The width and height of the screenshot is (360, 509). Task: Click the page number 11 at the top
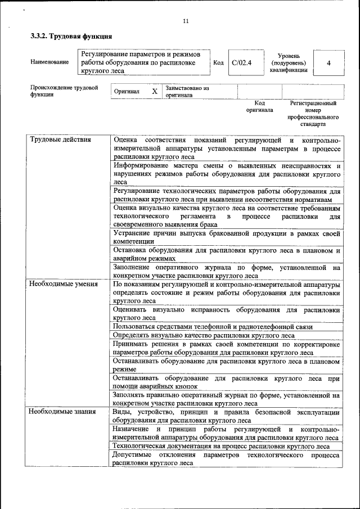click(x=186, y=22)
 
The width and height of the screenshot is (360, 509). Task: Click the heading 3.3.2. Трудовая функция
click(x=71, y=37)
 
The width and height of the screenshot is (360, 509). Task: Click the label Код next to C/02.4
click(x=219, y=62)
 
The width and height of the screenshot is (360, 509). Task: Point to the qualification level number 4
click(x=328, y=62)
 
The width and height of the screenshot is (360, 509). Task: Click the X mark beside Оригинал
click(x=155, y=91)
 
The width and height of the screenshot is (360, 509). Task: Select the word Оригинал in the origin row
click(x=127, y=91)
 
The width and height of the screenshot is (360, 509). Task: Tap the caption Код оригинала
click(x=259, y=107)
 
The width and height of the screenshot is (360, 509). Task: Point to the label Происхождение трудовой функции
click(x=64, y=91)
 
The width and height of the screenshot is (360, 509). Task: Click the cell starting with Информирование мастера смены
click(x=226, y=174)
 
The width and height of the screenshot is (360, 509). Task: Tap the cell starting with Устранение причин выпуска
click(x=226, y=237)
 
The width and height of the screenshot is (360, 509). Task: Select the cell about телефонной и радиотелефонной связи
click(x=226, y=326)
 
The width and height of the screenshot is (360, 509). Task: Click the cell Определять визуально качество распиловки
click(x=226, y=335)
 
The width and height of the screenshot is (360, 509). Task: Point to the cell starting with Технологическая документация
click(x=226, y=446)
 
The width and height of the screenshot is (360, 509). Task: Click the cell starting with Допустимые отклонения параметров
click(x=226, y=459)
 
